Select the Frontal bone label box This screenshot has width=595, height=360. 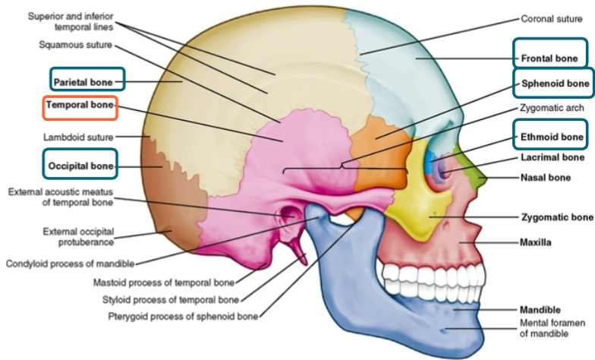pos(550,58)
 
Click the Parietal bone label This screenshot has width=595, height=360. pos(87,80)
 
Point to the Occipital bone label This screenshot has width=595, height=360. pos(81,165)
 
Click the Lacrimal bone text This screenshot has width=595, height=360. pos(552,158)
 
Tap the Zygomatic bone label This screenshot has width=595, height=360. pos(556,217)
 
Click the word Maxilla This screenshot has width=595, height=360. pos(536,243)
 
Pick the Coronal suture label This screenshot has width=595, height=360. pos(552,18)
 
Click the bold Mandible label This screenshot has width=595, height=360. pos(540,310)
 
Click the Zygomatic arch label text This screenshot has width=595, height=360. pos(552,108)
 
